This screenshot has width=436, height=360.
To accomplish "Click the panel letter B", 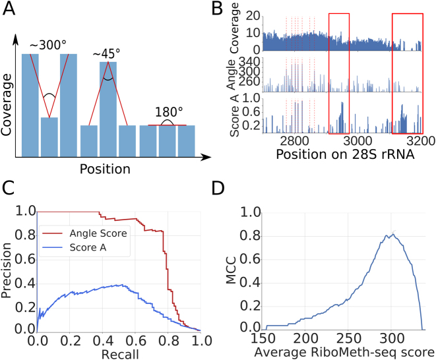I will click(234, 9).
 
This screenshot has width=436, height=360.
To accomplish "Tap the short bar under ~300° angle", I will click(49, 136).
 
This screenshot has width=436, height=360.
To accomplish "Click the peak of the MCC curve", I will click(392, 233).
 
